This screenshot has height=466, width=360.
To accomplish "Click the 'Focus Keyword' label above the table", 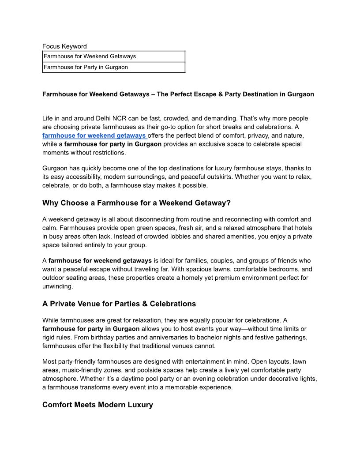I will click(x=64, y=46).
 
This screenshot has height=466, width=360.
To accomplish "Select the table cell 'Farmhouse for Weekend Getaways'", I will click(x=90, y=56).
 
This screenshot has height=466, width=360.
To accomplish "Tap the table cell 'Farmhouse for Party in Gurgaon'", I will click(x=86, y=68).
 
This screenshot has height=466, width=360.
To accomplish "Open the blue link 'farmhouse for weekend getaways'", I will click(x=94, y=135).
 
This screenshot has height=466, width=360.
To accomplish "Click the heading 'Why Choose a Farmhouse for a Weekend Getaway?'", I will click(x=136, y=203).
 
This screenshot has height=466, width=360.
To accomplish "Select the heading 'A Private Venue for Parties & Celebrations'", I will click(x=119, y=304).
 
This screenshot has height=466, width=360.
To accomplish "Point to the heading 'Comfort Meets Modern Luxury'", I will click(x=97, y=405).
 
